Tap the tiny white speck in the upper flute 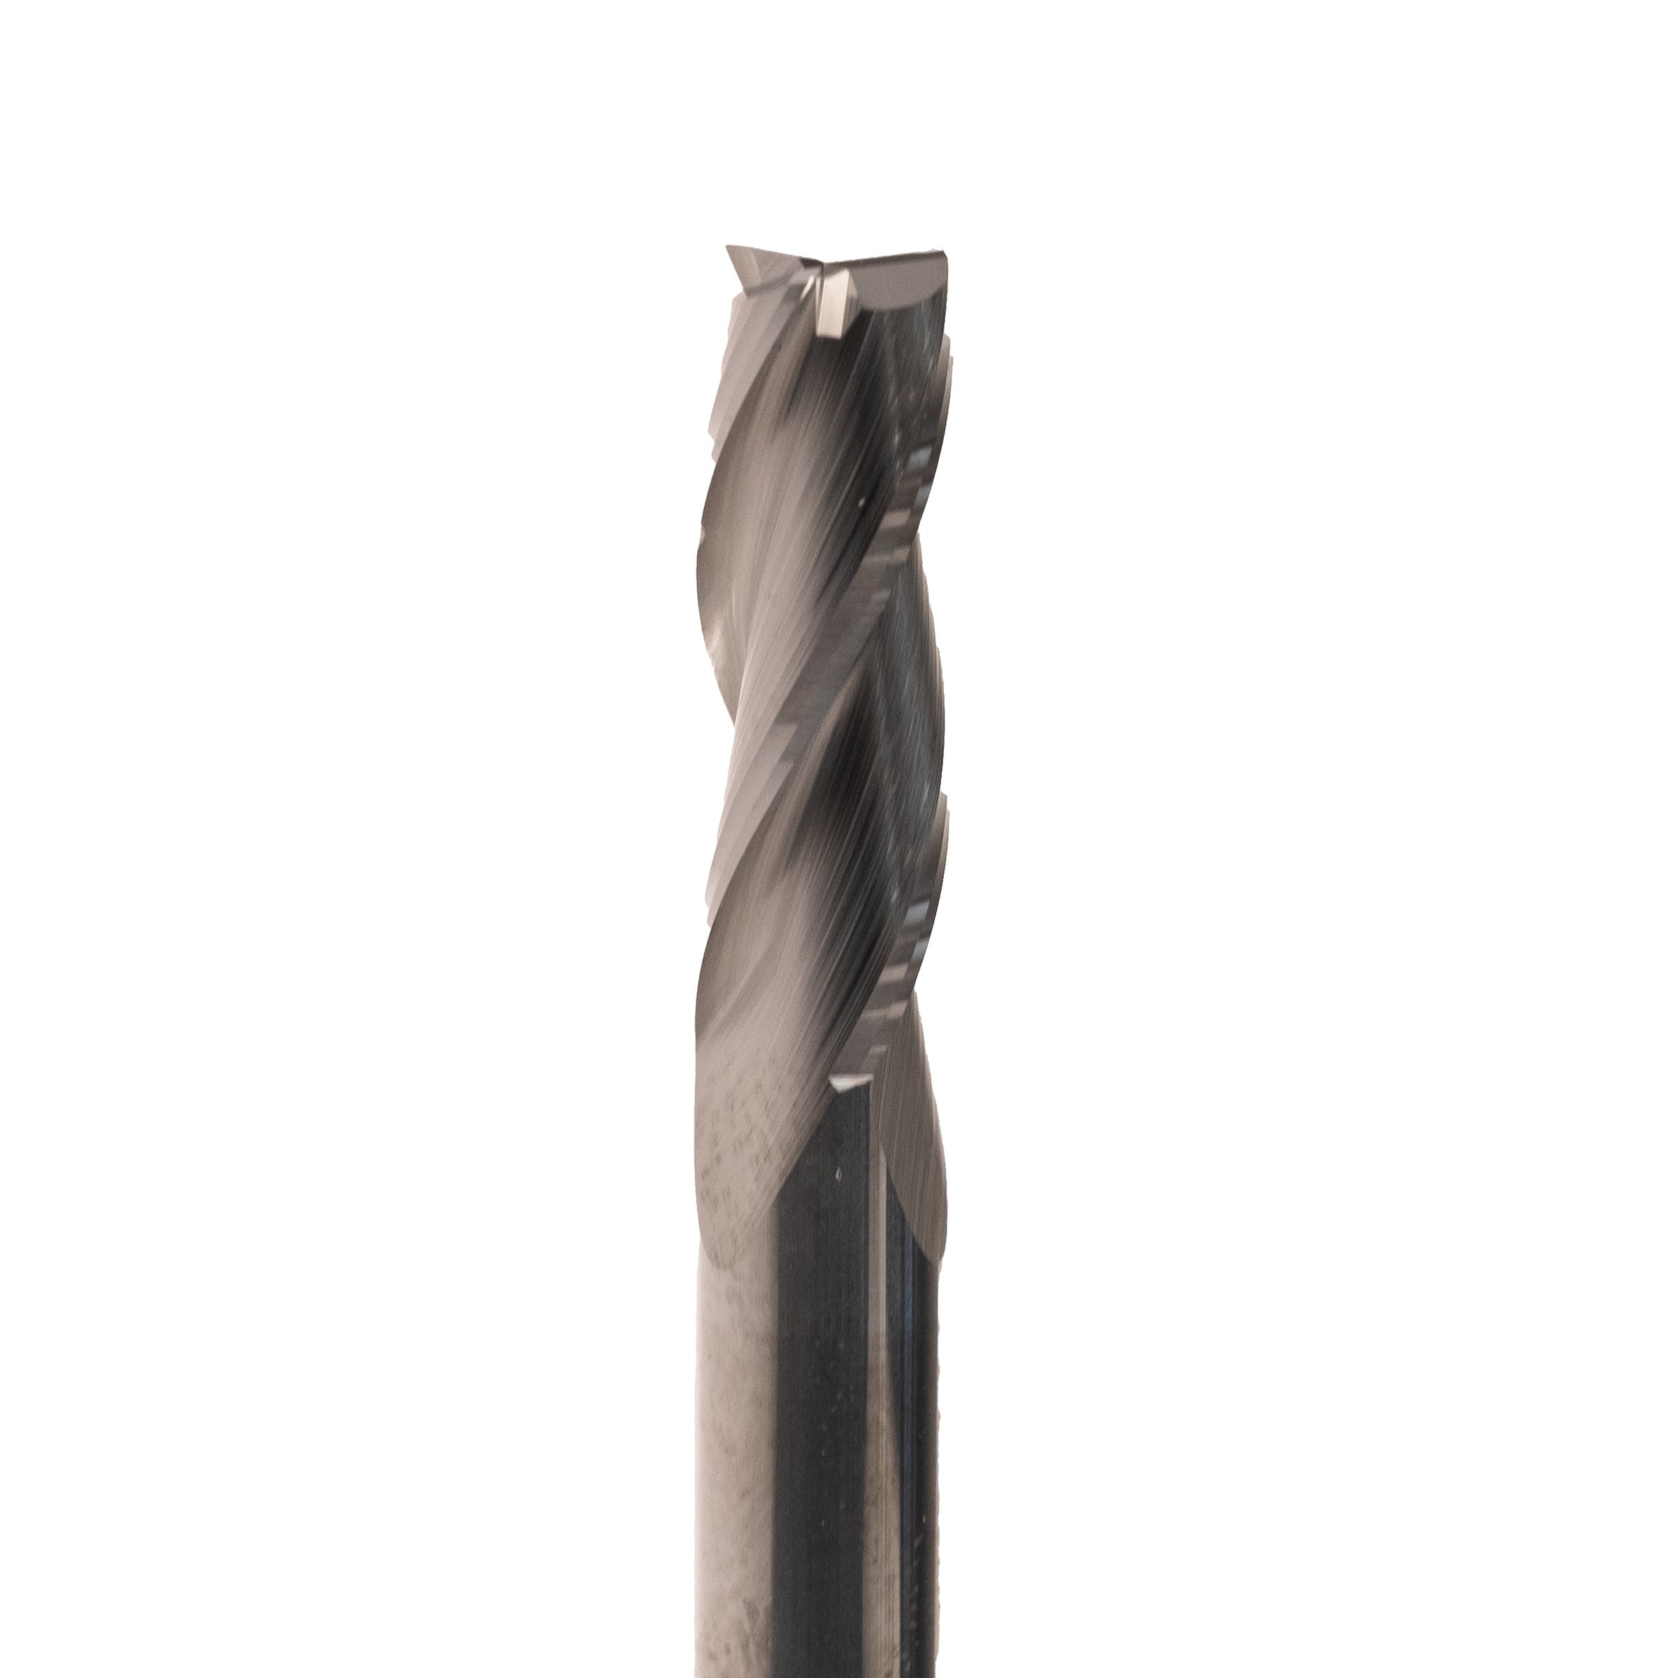pos(859,501)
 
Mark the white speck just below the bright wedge pos(838,1175)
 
